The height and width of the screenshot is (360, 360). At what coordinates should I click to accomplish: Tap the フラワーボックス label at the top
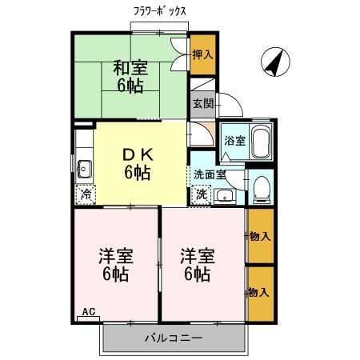pos(160,11)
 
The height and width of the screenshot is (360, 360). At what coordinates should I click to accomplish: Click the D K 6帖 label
pos(137,163)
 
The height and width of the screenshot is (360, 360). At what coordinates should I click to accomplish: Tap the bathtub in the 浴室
pos(260,142)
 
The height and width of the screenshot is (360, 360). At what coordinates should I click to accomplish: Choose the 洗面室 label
pos(210,174)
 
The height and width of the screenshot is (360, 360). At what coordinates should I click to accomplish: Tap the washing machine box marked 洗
pos(202,194)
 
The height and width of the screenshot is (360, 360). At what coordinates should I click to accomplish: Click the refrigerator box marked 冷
pos(85,194)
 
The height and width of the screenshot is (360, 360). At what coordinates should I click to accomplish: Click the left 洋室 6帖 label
pos(116,265)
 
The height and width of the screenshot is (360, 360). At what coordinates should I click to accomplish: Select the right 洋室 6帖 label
pos(196,265)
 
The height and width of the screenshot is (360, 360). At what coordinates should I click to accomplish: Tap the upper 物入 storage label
pos(259,237)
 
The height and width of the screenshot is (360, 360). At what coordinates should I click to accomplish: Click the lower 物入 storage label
pos(259,293)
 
